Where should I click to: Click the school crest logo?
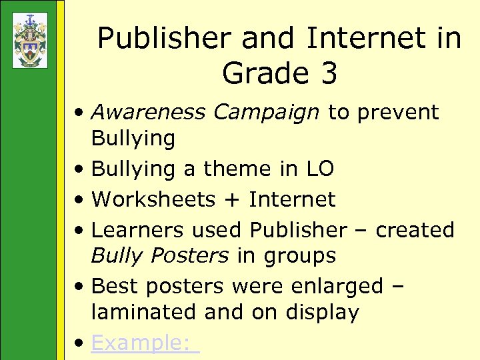coord(30,40)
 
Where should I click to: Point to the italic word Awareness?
coord(148,112)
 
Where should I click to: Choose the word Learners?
coord(137,229)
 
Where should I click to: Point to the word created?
coord(415,229)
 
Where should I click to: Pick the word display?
coord(324,313)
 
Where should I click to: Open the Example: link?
coord(144,343)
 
